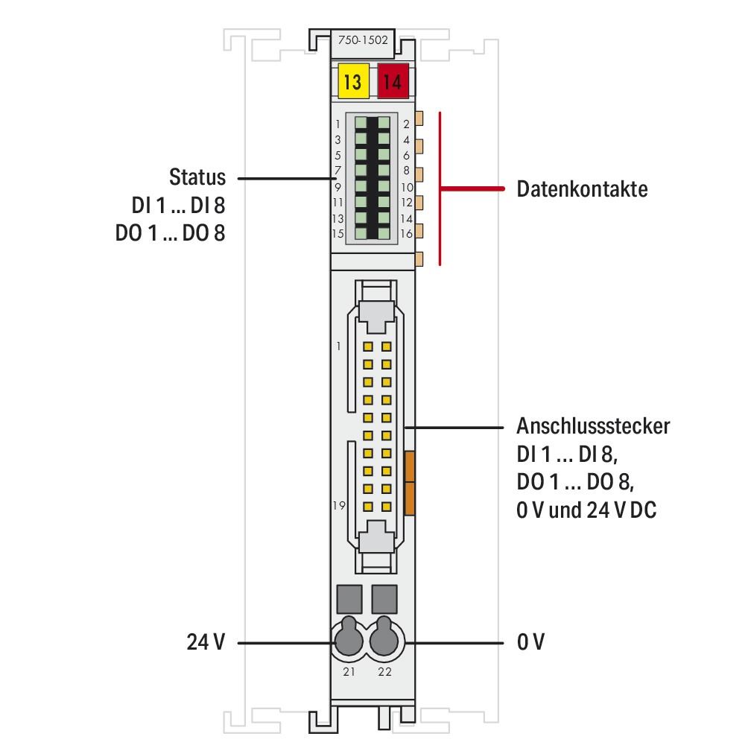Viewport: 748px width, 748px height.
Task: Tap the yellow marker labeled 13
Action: click(352, 81)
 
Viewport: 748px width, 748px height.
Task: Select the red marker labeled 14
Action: click(393, 81)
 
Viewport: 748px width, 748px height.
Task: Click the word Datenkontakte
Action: click(582, 189)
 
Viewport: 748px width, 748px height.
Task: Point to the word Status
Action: click(197, 177)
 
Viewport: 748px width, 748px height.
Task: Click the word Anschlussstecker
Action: click(592, 426)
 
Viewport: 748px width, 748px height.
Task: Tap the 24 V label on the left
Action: click(205, 641)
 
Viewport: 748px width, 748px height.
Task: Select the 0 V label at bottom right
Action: click(530, 641)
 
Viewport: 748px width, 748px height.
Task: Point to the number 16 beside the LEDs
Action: click(407, 234)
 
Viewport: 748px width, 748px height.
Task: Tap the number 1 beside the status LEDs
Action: click(338, 124)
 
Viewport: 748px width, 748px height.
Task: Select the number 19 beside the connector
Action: click(339, 505)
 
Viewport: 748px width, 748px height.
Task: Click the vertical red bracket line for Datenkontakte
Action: click(440, 188)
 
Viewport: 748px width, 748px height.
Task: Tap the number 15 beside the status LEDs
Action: click(337, 234)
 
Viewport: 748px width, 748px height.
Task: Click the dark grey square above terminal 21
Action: click(349, 598)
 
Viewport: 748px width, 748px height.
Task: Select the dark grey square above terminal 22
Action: click(385, 598)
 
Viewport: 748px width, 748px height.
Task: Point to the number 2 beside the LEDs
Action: click(407, 124)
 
